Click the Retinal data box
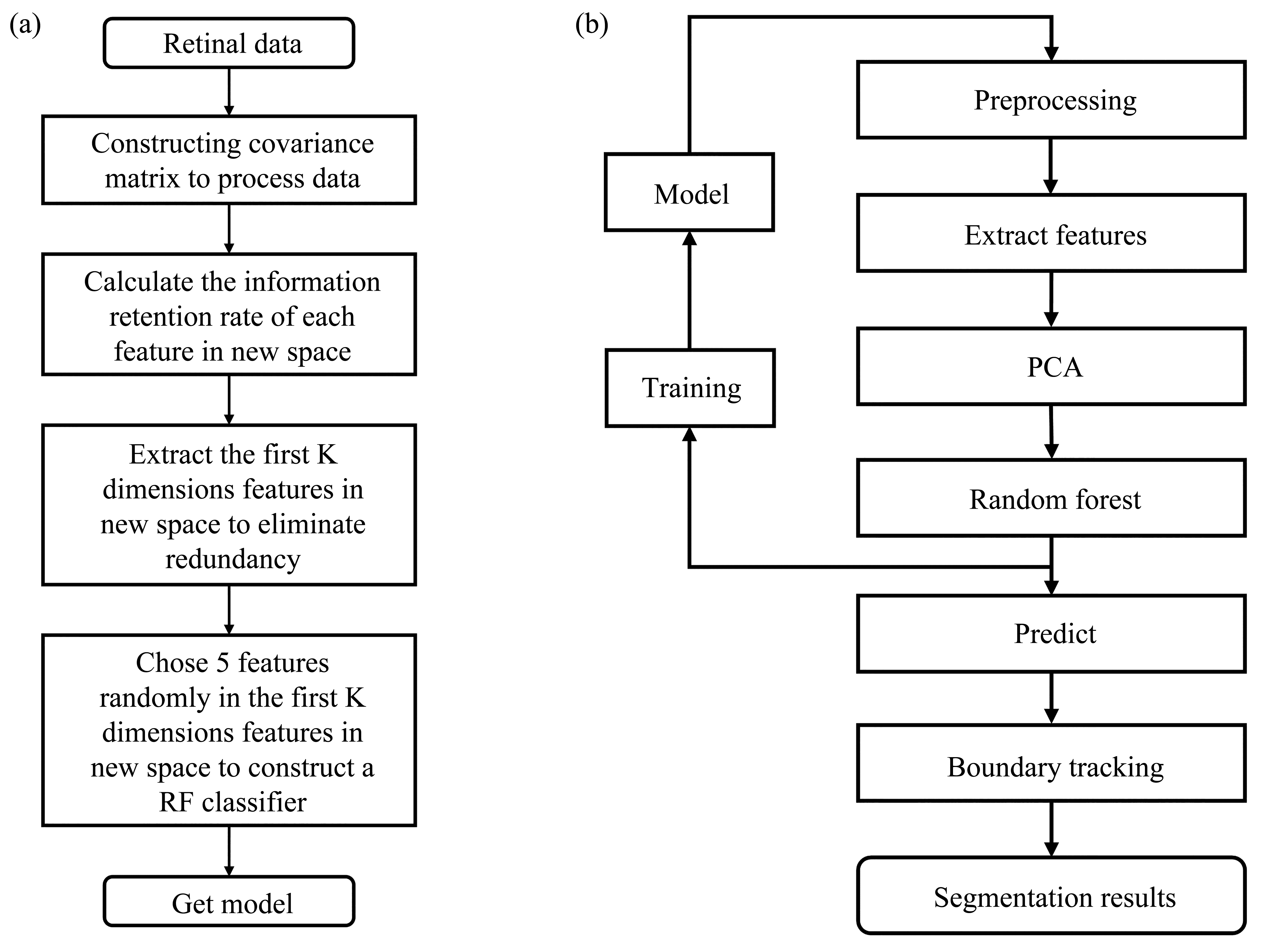coord(229,43)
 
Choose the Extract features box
coord(1051,233)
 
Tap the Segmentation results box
coord(1051,895)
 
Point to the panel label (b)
coord(591,25)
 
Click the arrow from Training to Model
coord(690,290)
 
